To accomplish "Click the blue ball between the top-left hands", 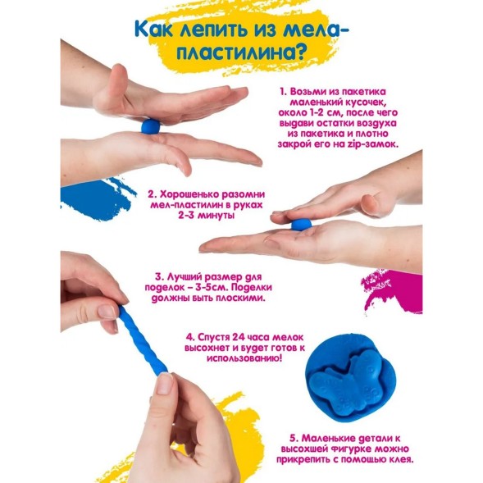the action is [x=151, y=126].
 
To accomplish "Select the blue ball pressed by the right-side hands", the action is [x=301, y=225].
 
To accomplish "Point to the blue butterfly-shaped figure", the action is [x=350, y=379].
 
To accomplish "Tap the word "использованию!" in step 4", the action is [x=244, y=358].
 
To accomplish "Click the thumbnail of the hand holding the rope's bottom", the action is [x=165, y=384].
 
